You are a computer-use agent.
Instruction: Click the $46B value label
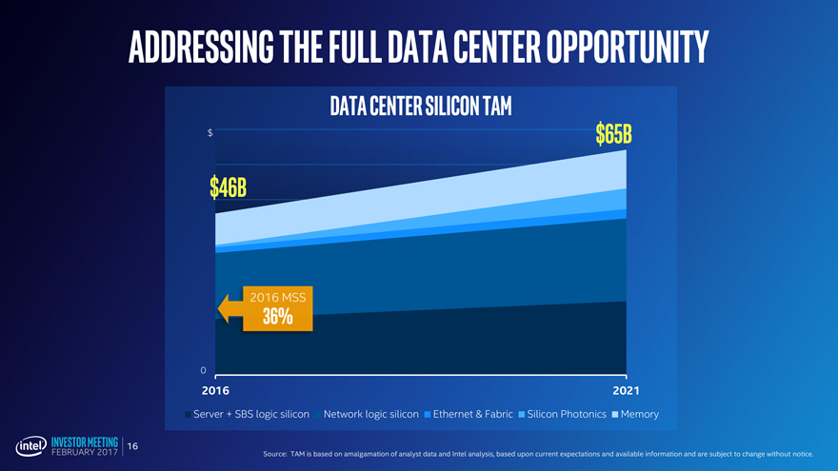229,187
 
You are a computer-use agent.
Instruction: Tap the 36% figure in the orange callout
277,318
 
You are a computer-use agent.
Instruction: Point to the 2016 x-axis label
215,391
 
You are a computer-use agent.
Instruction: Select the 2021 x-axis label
625,391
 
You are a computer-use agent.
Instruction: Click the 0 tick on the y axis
204,370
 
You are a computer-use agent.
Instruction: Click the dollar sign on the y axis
209,132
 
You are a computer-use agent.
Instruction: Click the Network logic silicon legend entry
370,414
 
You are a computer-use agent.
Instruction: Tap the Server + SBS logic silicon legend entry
250,414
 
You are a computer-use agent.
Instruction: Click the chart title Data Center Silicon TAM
420,106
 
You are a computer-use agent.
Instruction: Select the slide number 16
133,446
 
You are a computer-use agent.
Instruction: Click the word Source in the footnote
275,454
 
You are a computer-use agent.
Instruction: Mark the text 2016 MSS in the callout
277,297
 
